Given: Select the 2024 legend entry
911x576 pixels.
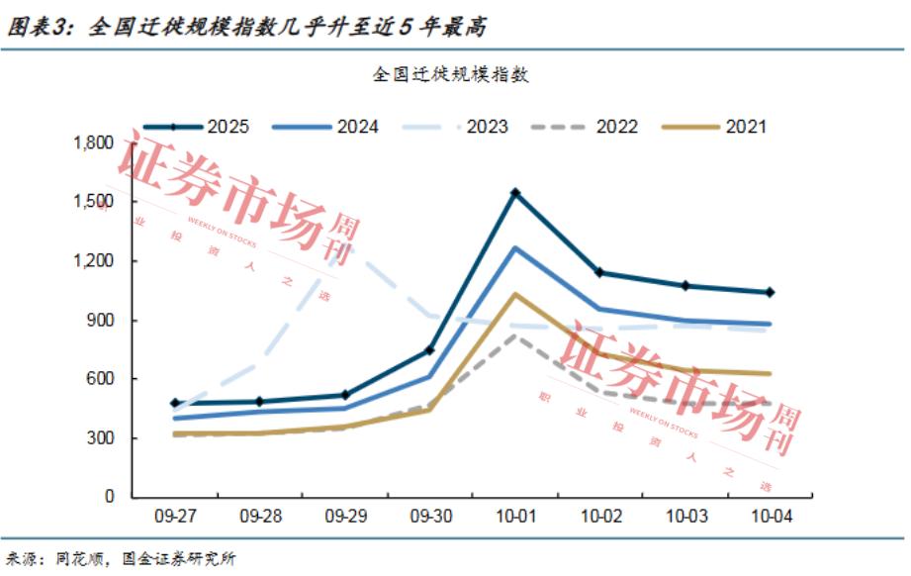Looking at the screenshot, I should point(326,127).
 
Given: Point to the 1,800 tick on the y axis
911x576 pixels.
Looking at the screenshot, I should point(95,144).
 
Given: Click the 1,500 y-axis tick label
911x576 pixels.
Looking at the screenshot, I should point(95,202).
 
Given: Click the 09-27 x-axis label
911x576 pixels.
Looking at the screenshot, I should point(175,517).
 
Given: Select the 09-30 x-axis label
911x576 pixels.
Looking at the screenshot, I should point(430,517).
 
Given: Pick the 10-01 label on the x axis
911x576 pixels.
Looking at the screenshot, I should point(514,517).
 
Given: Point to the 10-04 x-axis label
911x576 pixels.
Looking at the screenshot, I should point(770,517).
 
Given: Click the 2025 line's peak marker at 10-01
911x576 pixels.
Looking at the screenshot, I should point(514,193).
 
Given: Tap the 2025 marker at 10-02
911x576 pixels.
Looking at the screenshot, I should point(599,272).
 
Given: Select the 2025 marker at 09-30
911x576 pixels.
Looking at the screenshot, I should point(430,350).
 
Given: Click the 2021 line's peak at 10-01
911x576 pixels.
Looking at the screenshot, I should point(514,294).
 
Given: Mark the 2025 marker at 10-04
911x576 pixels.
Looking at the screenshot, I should point(770,292).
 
